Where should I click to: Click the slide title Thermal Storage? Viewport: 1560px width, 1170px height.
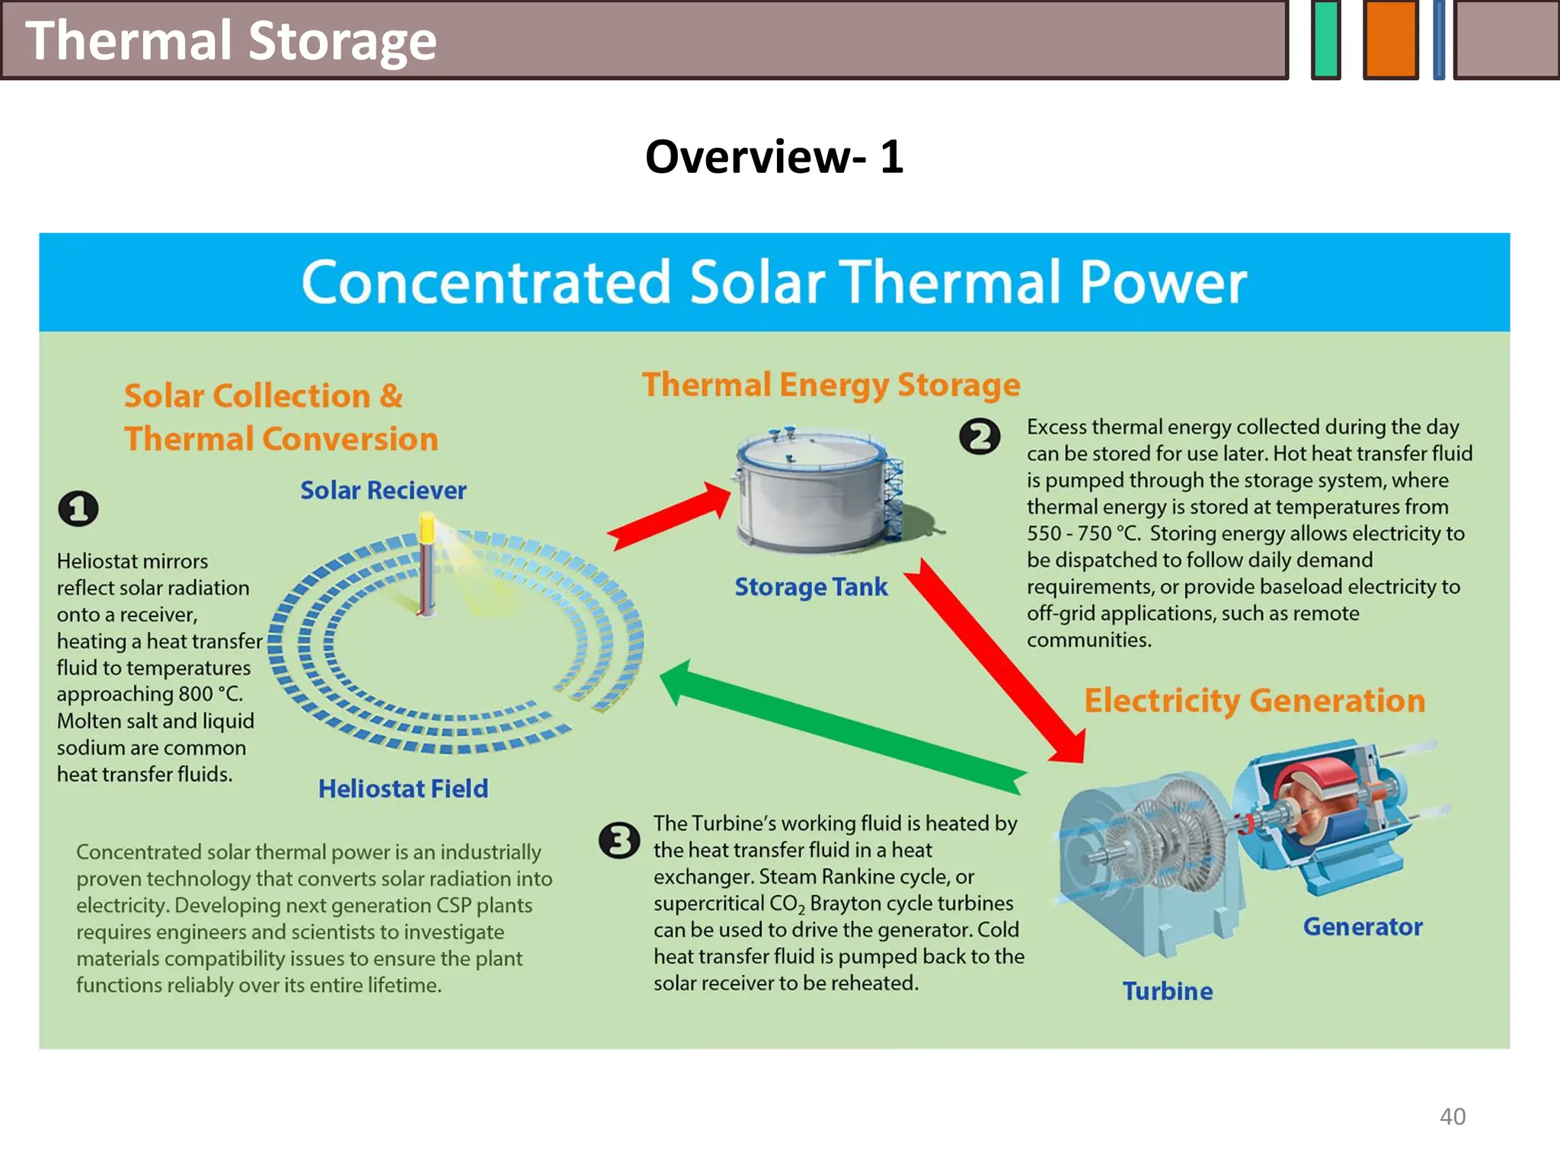coord(231,40)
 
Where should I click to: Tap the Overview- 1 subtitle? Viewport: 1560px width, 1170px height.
coord(774,157)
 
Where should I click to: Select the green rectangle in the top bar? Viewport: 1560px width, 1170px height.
coord(1326,40)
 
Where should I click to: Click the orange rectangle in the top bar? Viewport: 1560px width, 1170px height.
coord(1390,40)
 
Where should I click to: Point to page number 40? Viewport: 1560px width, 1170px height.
coord(1452,1116)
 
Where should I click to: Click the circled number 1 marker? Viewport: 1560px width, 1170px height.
coord(78,508)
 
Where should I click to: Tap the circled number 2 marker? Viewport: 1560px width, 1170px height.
coord(980,436)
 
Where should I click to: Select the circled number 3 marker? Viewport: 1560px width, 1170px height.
coord(619,840)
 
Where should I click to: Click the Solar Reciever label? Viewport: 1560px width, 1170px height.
coord(383,491)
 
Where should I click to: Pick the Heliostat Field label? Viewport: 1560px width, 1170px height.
coord(403,788)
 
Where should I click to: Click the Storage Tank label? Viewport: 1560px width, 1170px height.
coord(811,587)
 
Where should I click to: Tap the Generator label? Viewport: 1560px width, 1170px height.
coord(1363,926)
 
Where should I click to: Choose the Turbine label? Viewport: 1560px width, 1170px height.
coord(1168,991)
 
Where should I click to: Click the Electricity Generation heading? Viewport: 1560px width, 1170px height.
coord(1255,700)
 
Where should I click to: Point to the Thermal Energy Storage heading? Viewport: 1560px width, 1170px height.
coord(830,385)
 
